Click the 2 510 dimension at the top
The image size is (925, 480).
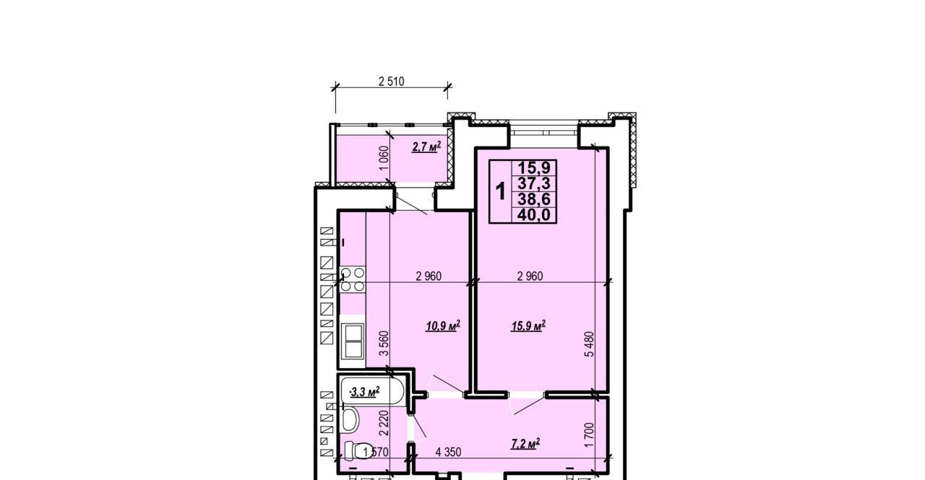point(391,82)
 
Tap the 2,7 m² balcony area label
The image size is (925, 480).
point(426,147)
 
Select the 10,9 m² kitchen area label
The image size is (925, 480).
point(443,326)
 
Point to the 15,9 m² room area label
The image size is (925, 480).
point(528,326)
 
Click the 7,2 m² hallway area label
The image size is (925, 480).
point(525,444)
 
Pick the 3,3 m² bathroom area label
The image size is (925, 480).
point(365,392)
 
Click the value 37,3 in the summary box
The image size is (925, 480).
point(534,183)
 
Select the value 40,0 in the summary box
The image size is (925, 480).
point(534,215)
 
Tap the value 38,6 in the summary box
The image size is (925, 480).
point(534,199)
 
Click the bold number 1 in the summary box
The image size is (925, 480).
point(501,192)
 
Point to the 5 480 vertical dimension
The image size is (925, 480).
point(590,344)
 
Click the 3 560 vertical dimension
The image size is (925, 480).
point(384,343)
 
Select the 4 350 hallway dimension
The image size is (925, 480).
point(448,453)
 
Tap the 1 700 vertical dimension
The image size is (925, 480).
point(589,435)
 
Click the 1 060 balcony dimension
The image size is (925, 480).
point(384,158)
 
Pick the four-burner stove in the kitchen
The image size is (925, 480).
point(353,279)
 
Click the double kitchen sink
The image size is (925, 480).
point(353,341)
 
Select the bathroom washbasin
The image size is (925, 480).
point(350,419)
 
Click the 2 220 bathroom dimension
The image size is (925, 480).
point(384,423)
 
